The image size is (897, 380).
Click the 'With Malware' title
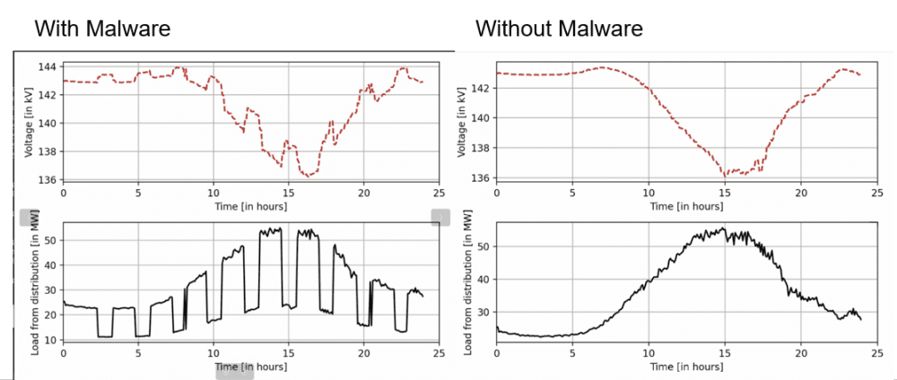coord(102,29)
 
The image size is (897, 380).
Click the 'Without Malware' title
coord(558,29)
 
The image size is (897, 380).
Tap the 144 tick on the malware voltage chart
coord(48,66)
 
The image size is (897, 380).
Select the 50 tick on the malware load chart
coord(52,240)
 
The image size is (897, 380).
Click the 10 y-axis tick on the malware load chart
coord(52,341)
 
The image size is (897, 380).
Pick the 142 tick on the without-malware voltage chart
coord(483,88)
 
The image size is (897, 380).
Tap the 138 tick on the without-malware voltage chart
coord(483,148)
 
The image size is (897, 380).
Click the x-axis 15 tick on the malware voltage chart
coord(288,192)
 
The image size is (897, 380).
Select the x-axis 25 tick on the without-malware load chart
coord(874,354)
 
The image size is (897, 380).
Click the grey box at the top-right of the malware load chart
coord(440,217)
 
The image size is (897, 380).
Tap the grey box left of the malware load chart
coord(30,218)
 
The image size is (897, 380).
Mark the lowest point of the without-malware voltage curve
coord(723,176)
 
